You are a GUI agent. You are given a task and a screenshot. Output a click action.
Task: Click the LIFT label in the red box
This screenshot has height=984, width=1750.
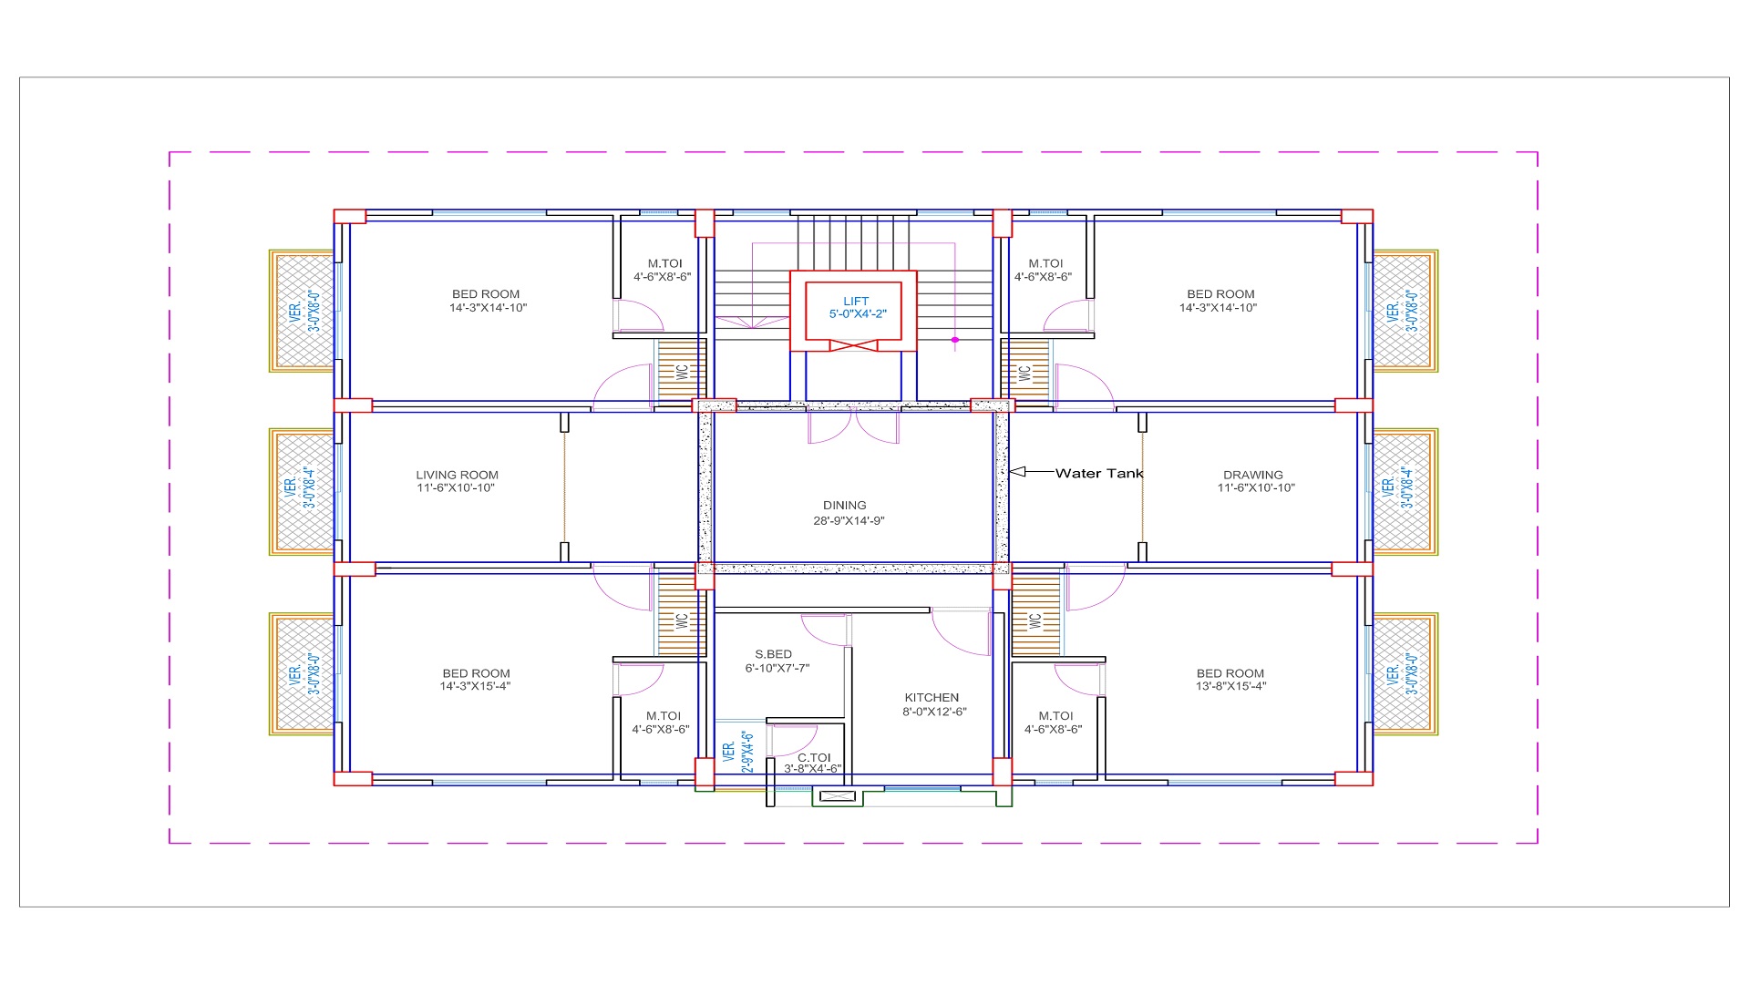pos(856,302)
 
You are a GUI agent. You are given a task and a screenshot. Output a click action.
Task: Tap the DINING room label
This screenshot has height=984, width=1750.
pos(845,506)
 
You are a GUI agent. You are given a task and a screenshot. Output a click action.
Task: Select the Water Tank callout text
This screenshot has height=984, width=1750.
pos(1099,473)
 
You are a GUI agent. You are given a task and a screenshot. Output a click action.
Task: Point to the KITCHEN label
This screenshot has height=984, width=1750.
pos(932,698)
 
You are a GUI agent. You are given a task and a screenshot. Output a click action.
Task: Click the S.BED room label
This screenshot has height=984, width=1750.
pos(774,654)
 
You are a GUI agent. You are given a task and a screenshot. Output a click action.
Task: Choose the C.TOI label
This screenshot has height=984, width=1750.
pos(814,757)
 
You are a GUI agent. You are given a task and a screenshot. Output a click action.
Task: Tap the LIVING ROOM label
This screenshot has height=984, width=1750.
pos(458,475)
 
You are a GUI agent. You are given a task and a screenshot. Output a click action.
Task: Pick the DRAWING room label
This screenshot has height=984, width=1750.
pos(1253,475)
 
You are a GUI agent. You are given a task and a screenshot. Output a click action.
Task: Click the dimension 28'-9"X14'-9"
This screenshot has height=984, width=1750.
pos(849,521)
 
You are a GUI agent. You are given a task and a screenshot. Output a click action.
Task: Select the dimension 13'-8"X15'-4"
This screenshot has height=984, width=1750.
pos(1231,686)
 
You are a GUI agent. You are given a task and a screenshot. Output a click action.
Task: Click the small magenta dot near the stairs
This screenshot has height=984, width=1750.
pos(955,340)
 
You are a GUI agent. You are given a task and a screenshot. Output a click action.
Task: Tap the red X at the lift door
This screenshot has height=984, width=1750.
pos(854,346)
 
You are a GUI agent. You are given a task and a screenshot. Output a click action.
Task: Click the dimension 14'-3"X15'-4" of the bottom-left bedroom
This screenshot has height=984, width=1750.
pos(475,686)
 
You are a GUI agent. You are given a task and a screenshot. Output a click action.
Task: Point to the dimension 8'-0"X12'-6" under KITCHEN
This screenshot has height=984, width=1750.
pos(934,712)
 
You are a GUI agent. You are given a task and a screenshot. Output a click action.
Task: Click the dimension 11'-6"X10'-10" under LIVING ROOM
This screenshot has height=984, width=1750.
pos(456,487)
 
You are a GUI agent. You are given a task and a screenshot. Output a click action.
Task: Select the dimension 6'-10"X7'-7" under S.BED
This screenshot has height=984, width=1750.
pos(777,668)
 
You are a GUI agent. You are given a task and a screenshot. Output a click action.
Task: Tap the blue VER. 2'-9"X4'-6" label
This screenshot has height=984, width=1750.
pos(737,752)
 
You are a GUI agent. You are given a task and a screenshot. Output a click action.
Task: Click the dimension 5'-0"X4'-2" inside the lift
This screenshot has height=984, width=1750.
pos(858,314)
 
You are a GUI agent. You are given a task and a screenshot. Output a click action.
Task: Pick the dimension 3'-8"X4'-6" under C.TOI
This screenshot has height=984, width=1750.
pos(812,769)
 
